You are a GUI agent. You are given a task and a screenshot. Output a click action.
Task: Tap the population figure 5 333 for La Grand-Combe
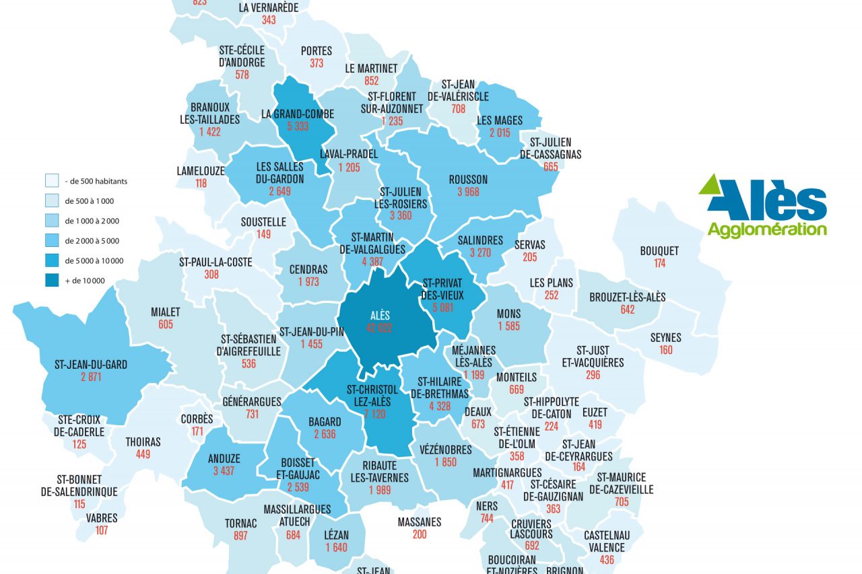coord(298,127)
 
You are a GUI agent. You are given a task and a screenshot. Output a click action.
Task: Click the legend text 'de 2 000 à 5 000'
coord(92,241)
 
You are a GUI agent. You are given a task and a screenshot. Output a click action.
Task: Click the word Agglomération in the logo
coord(766,229)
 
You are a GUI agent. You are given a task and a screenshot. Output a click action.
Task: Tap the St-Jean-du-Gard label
coord(91,365)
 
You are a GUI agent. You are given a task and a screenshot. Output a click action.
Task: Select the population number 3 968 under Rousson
coord(468,192)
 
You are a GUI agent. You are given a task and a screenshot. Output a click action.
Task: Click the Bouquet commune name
coord(659,251)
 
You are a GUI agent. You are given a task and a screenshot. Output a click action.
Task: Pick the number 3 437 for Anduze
coord(224,470)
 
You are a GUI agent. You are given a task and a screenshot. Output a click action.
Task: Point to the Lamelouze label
coord(201,171)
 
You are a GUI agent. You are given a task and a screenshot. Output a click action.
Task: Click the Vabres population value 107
coord(102,530)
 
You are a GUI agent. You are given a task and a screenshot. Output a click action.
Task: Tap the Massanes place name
coord(420,522)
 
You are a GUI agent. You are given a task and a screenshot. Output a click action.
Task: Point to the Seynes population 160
coord(665,350)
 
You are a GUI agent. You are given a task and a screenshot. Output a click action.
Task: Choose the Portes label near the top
coord(317,50)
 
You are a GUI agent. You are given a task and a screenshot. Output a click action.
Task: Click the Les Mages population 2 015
coord(500,133)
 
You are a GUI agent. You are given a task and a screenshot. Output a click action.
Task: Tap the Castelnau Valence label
coord(607,541)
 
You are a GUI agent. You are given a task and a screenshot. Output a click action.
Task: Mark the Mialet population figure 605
coord(166,324)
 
